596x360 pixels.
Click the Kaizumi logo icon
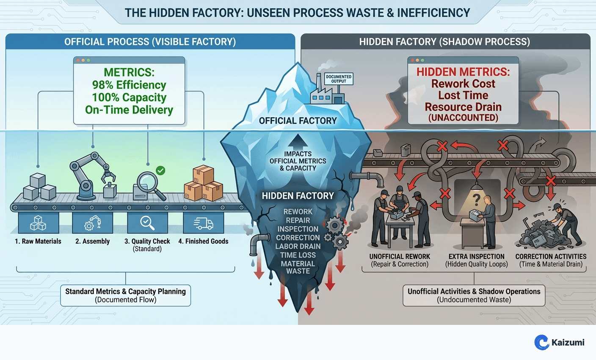pyautogui.click(x=542, y=342)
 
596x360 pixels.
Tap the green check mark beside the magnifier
pyautogui.click(x=160, y=170)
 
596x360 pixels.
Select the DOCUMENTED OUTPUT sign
pyautogui.click(x=339, y=79)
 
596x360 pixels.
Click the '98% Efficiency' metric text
pyautogui.click(x=129, y=85)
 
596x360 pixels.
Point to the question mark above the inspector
pyautogui.click(x=477, y=199)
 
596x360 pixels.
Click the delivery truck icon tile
pyautogui.click(x=203, y=223)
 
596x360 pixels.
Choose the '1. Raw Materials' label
pyautogui.click(x=38, y=241)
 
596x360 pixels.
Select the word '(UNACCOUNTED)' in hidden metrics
pyautogui.click(x=463, y=118)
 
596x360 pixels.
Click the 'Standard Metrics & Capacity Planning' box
pyautogui.click(x=125, y=295)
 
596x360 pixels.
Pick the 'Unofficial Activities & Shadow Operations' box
pyautogui.click(x=474, y=295)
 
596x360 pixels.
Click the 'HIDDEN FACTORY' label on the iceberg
pyautogui.click(x=298, y=196)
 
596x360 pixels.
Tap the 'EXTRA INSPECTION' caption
pyautogui.click(x=476, y=256)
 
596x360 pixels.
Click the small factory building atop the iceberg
pyautogui.click(x=326, y=93)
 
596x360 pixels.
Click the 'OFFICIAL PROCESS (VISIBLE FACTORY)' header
pyautogui.click(x=150, y=42)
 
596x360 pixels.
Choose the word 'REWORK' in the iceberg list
pyautogui.click(x=298, y=212)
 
